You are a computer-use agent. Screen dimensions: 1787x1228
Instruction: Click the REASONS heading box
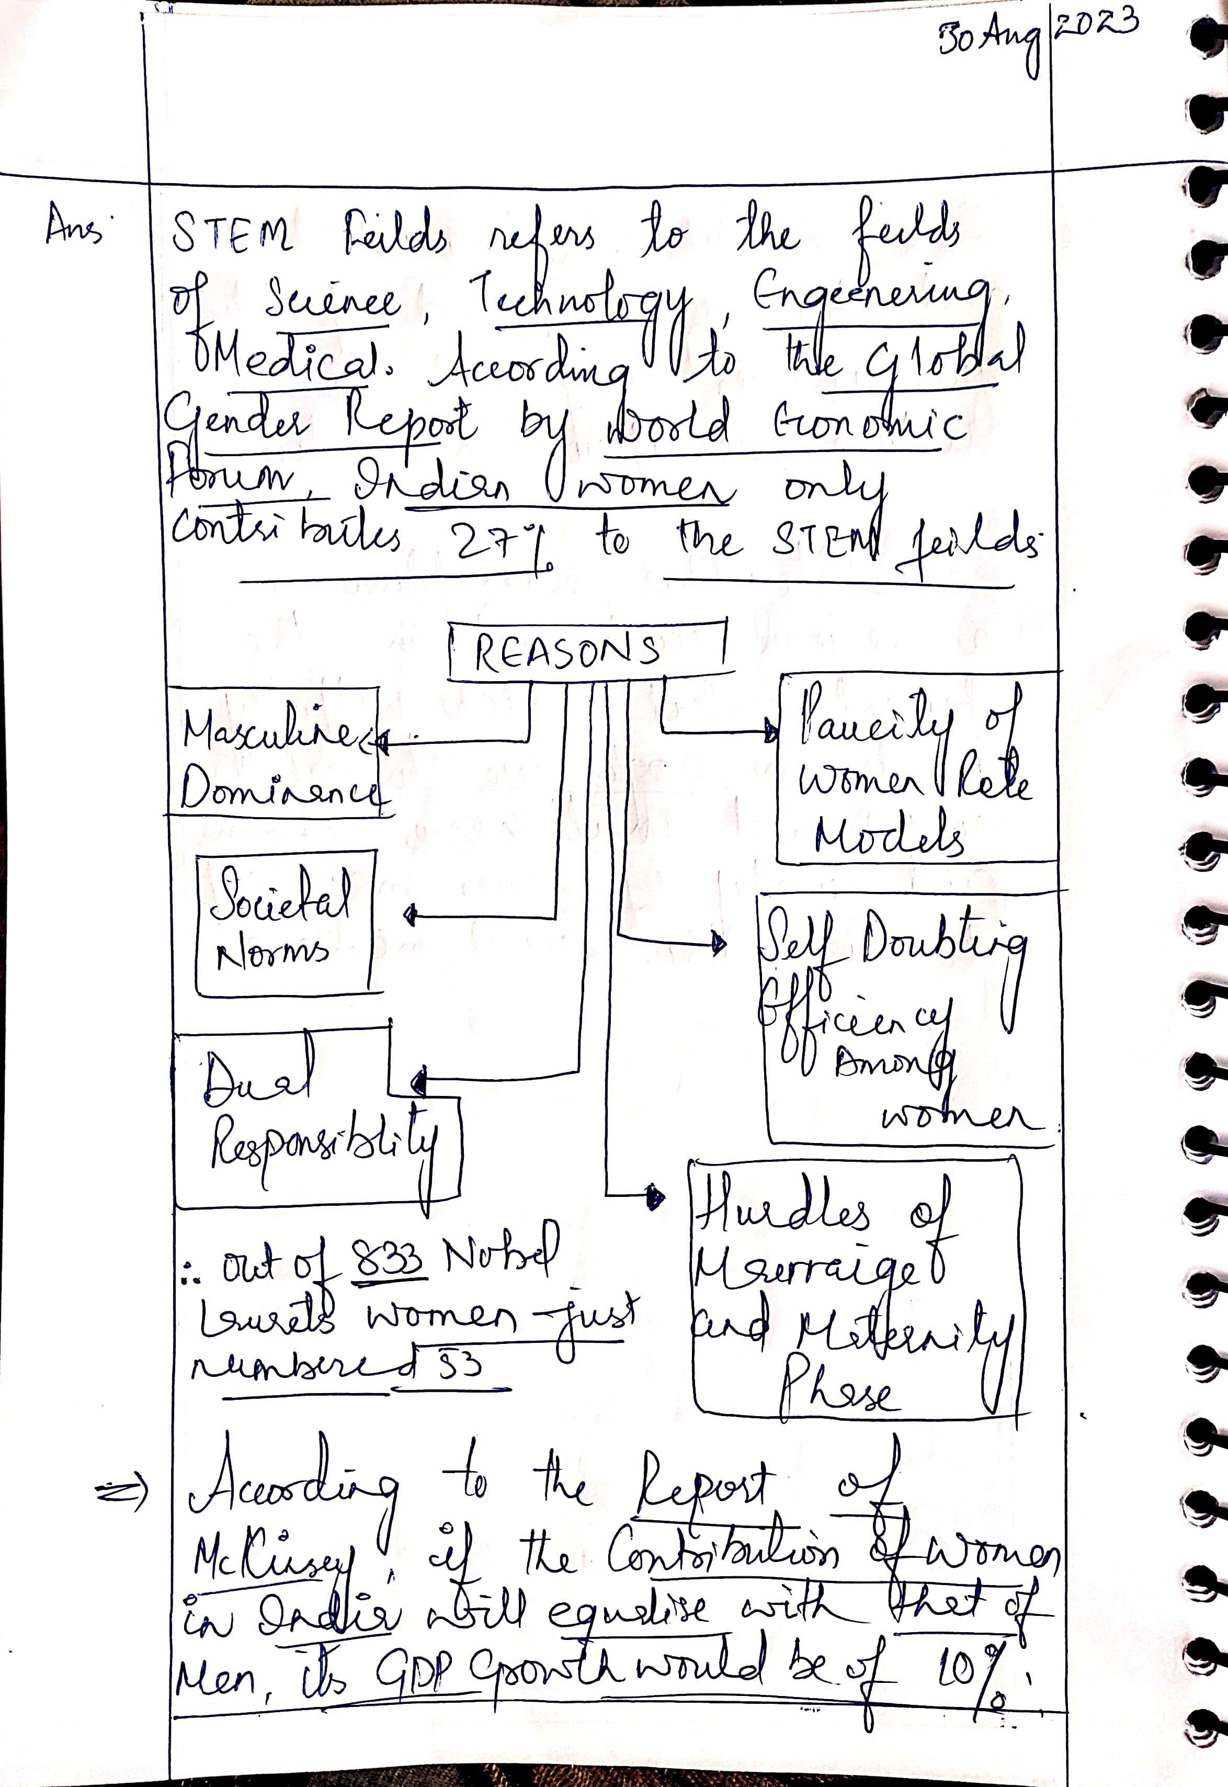tap(586, 650)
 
